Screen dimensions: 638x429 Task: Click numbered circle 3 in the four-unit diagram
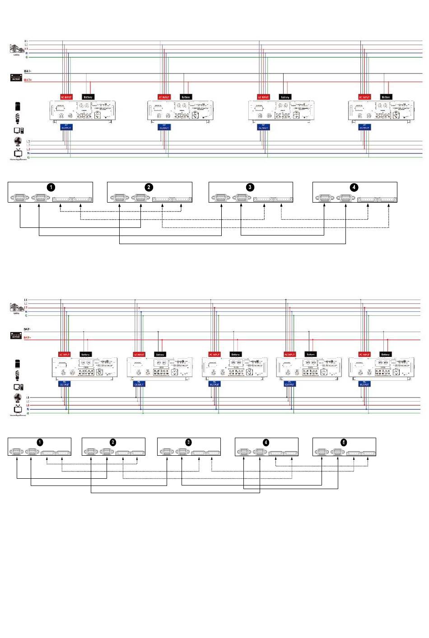(250, 187)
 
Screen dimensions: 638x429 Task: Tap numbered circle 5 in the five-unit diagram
(344, 443)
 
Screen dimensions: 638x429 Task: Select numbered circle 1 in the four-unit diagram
(51, 187)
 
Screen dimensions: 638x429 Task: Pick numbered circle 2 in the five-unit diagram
(113, 443)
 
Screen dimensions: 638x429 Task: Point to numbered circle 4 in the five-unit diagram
(266, 443)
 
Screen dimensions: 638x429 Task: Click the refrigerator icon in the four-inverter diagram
(18, 106)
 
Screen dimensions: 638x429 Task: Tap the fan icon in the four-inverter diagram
(18, 142)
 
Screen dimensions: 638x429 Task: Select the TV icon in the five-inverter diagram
(18, 409)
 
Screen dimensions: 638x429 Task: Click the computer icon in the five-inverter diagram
(18, 387)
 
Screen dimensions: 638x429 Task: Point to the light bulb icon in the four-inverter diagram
(18, 118)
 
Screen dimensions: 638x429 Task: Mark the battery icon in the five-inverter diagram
(16, 336)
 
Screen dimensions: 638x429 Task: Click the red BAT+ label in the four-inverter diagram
(28, 80)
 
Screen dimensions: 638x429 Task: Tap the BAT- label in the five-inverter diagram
(27, 329)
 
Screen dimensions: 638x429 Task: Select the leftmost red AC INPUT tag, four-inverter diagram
(66, 97)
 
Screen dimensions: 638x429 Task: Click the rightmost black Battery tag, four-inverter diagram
(386, 97)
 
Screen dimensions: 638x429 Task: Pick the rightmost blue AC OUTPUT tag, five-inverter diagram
(364, 384)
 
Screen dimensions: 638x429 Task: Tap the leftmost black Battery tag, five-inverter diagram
(85, 355)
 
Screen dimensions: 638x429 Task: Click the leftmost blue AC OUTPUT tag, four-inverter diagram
(66, 127)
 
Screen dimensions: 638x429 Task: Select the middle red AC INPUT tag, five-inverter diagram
(214, 355)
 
